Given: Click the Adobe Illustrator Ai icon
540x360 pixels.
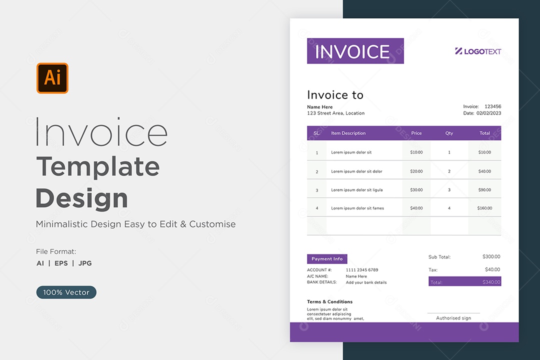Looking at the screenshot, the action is click(x=52, y=78).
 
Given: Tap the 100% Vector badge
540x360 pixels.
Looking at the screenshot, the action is click(x=66, y=292).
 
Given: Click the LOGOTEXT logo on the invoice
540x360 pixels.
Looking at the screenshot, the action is click(x=478, y=51).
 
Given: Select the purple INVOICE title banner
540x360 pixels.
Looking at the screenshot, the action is click(x=355, y=51).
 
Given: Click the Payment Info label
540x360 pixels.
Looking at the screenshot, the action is click(x=327, y=258).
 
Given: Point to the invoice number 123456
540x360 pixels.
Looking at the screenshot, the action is click(x=493, y=106).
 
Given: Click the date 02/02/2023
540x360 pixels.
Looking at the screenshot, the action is click(x=489, y=113).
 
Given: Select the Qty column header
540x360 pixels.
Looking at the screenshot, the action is click(x=449, y=133).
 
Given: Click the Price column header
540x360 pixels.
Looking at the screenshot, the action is click(x=416, y=133).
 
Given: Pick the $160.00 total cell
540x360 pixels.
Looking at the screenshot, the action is click(x=484, y=208).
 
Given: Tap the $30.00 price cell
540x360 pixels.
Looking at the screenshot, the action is click(x=416, y=190).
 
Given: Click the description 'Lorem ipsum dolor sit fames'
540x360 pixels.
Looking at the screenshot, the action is click(x=357, y=208).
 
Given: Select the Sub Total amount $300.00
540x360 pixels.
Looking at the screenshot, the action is click(x=491, y=256).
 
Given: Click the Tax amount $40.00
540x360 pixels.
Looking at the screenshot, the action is click(x=492, y=269).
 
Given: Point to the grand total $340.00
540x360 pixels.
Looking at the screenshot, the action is click(x=491, y=282).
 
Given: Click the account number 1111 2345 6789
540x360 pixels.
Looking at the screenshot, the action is click(x=362, y=269).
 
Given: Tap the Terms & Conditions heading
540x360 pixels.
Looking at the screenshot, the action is click(x=329, y=301).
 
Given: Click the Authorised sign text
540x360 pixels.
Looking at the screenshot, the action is click(x=453, y=318).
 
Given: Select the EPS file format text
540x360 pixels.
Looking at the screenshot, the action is click(x=61, y=263).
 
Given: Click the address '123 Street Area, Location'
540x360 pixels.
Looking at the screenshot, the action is click(x=336, y=113).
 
